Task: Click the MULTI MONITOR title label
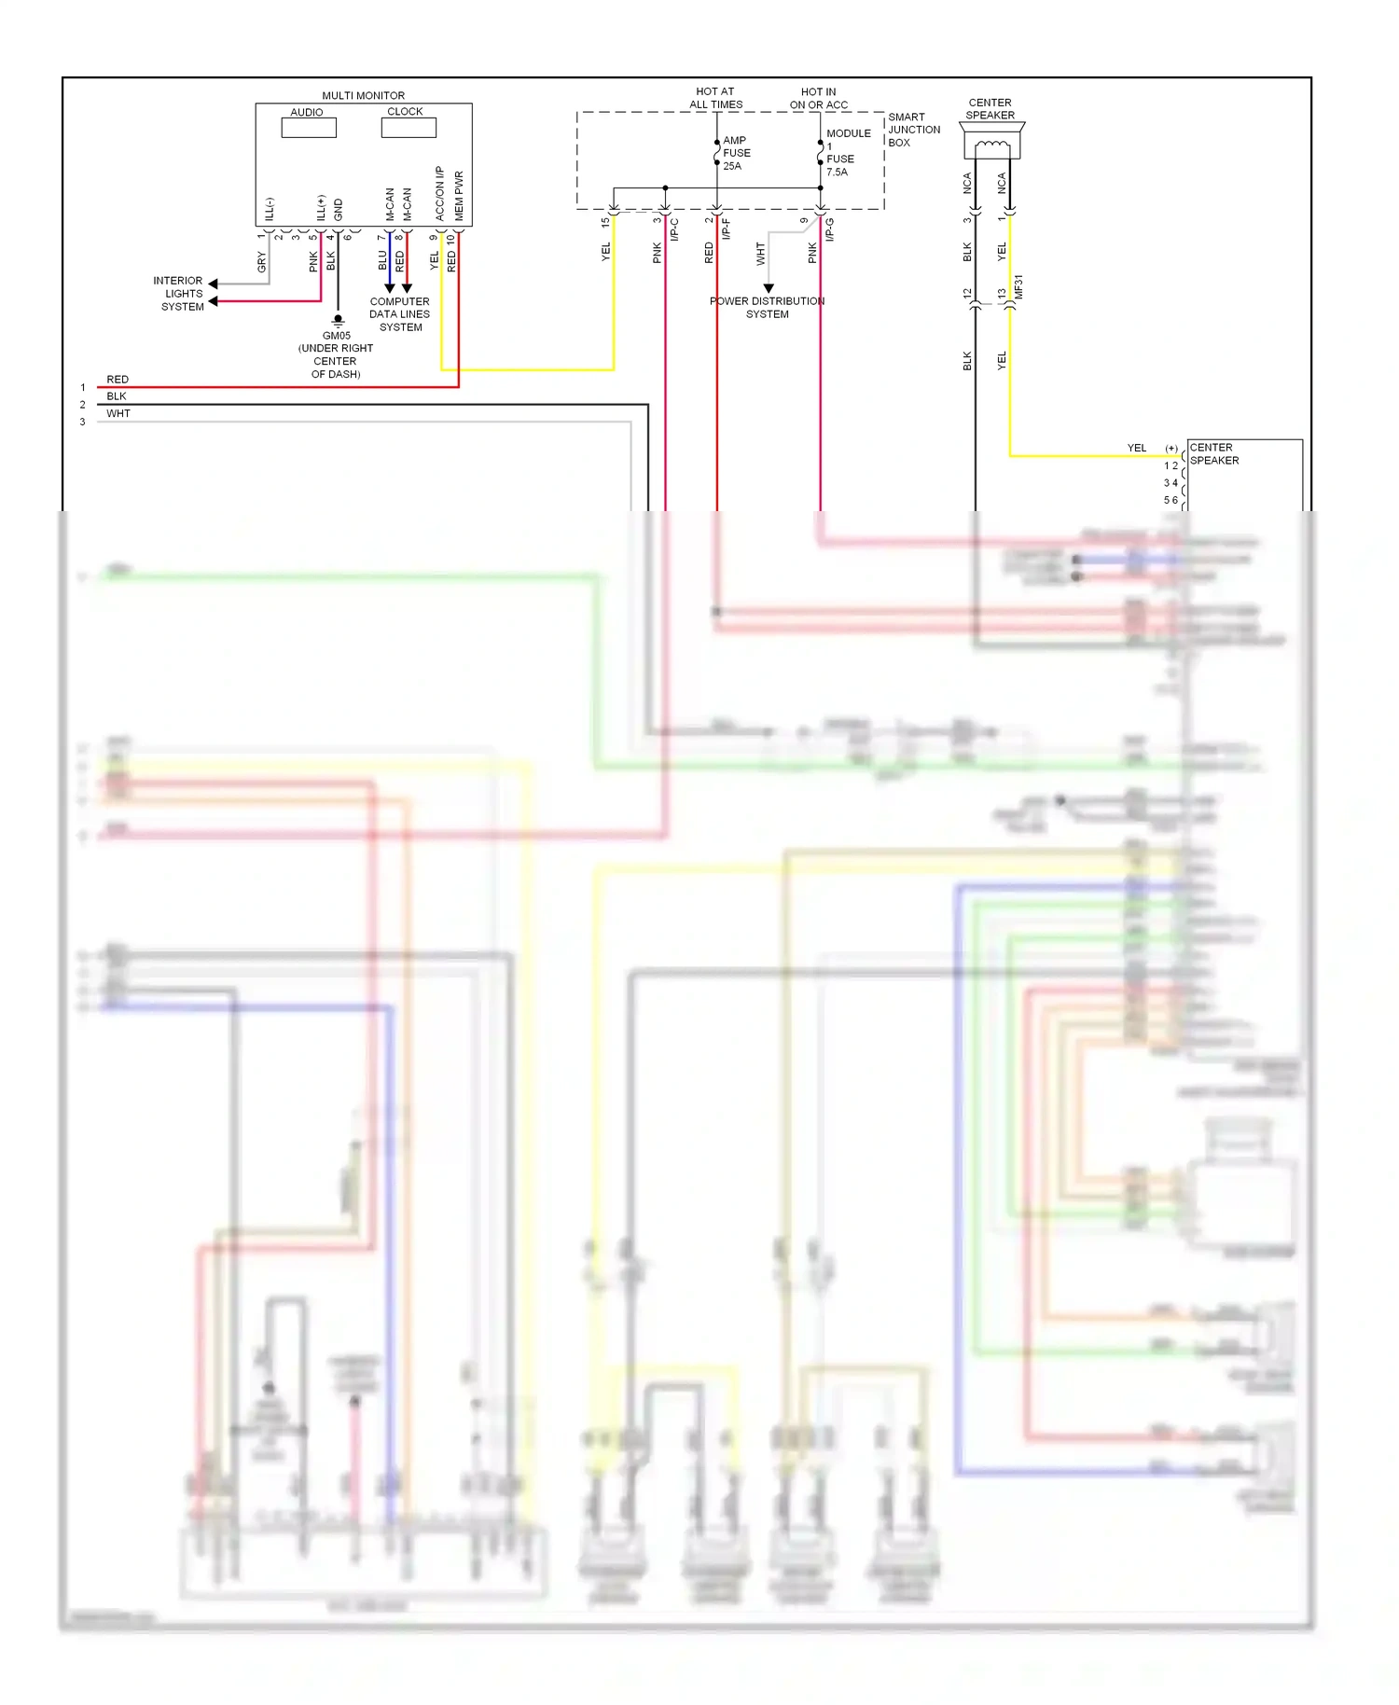pyautogui.click(x=363, y=95)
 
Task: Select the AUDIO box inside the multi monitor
pyautogui.click(x=309, y=127)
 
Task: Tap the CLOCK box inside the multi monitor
pyautogui.click(x=409, y=127)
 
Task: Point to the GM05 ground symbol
pyautogui.click(x=338, y=321)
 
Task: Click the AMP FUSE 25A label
pyautogui.click(x=736, y=153)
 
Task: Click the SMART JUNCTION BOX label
pyautogui.click(x=913, y=130)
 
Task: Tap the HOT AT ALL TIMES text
pyautogui.click(x=715, y=98)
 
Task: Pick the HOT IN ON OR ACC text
pyautogui.click(x=818, y=98)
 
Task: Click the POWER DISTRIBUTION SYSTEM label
pyautogui.click(x=767, y=308)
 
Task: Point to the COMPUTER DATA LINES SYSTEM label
pyautogui.click(x=400, y=314)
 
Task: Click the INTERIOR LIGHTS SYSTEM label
pyautogui.click(x=179, y=293)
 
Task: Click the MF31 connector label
pyautogui.click(x=1018, y=286)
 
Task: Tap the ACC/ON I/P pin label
pyautogui.click(x=439, y=193)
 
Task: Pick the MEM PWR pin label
pyautogui.click(x=458, y=195)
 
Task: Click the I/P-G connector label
pyautogui.click(x=829, y=229)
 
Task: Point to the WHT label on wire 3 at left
pyautogui.click(x=118, y=413)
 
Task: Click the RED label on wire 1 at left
pyautogui.click(x=118, y=380)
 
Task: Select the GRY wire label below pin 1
pyautogui.click(x=261, y=262)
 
